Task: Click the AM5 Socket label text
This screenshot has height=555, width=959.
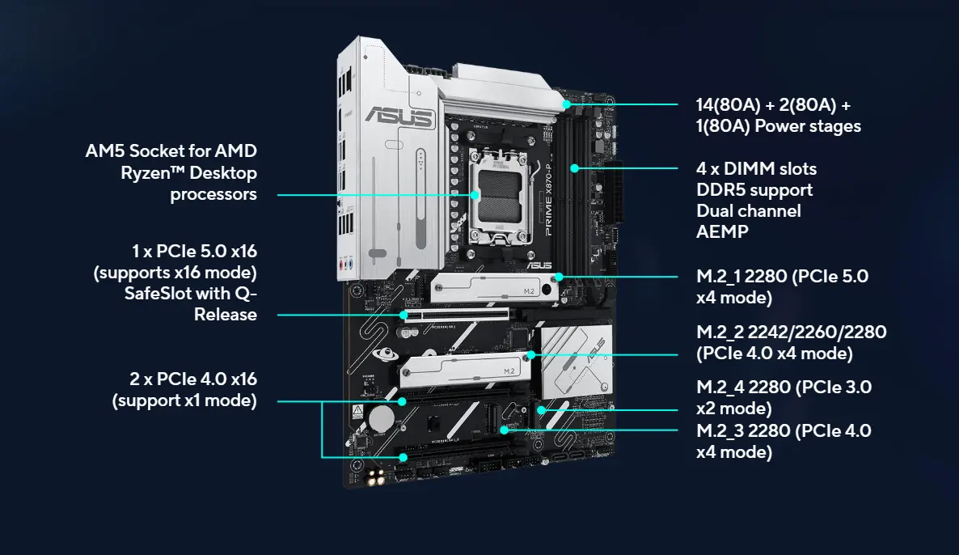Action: click(171, 151)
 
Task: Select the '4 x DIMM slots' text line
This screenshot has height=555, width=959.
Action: click(756, 169)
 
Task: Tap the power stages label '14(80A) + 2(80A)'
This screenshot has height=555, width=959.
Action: click(772, 106)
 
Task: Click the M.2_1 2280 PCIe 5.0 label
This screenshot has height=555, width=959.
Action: click(781, 276)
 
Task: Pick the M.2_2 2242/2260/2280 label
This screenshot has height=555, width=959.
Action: click(791, 333)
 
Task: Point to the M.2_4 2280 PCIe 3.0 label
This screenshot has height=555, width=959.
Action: click(783, 387)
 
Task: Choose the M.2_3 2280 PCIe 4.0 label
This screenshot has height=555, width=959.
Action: click(783, 431)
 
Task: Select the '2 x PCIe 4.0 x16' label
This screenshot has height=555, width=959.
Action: click(194, 379)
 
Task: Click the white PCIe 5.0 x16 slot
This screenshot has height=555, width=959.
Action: click(454, 314)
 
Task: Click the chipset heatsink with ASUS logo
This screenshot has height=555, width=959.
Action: click(577, 362)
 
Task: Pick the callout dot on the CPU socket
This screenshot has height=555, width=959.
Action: click(475, 194)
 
